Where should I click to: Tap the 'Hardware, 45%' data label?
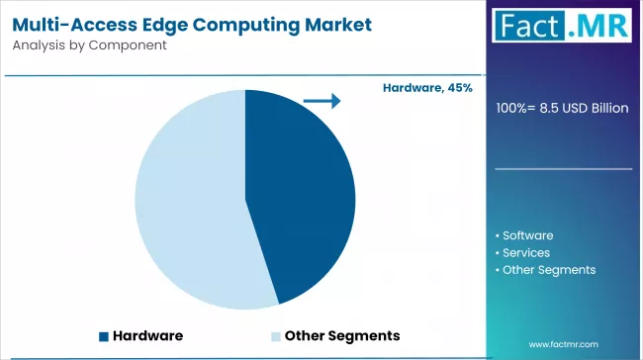point(427,88)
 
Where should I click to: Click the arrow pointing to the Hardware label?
point(321,100)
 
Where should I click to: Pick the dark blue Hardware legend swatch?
point(103,335)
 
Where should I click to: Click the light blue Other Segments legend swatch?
point(276,335)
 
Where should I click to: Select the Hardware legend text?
point(147,335)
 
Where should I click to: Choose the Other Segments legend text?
point(341,335)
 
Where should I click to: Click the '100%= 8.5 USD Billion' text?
point(562,108)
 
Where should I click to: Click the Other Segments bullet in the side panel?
point(545,269)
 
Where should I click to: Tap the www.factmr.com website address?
point(565,343)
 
